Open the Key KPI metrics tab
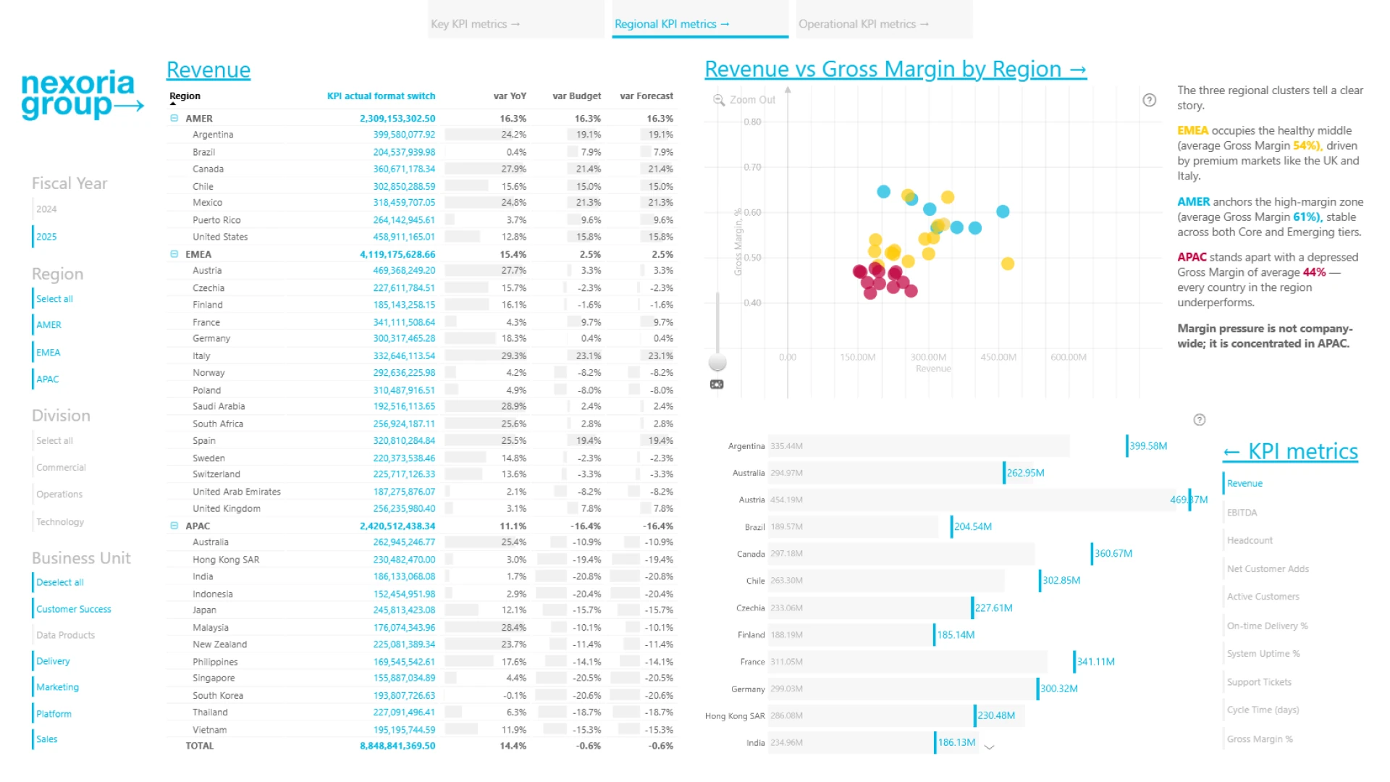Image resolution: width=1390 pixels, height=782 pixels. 475,24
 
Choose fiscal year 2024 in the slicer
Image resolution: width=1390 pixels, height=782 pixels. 46,209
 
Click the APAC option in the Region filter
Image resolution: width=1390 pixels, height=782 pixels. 48,379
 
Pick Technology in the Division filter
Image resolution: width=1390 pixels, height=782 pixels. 60,522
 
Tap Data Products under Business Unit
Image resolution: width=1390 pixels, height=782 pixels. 65,635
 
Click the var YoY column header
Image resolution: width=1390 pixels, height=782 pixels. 510,96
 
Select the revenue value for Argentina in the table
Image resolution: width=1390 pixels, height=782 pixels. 404,135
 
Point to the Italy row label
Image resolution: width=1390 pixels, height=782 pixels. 201,356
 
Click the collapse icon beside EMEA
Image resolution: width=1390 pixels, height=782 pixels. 174,254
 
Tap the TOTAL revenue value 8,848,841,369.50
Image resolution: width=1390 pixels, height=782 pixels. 397,746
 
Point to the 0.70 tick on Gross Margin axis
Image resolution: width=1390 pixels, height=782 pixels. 752,167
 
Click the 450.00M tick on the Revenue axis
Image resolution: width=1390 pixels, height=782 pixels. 998,357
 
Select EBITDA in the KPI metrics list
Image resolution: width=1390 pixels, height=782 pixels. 1242,513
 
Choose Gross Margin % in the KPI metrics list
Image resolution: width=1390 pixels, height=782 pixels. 1260,739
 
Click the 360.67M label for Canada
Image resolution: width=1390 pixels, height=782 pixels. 1113,553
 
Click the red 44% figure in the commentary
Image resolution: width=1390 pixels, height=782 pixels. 1314,272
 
